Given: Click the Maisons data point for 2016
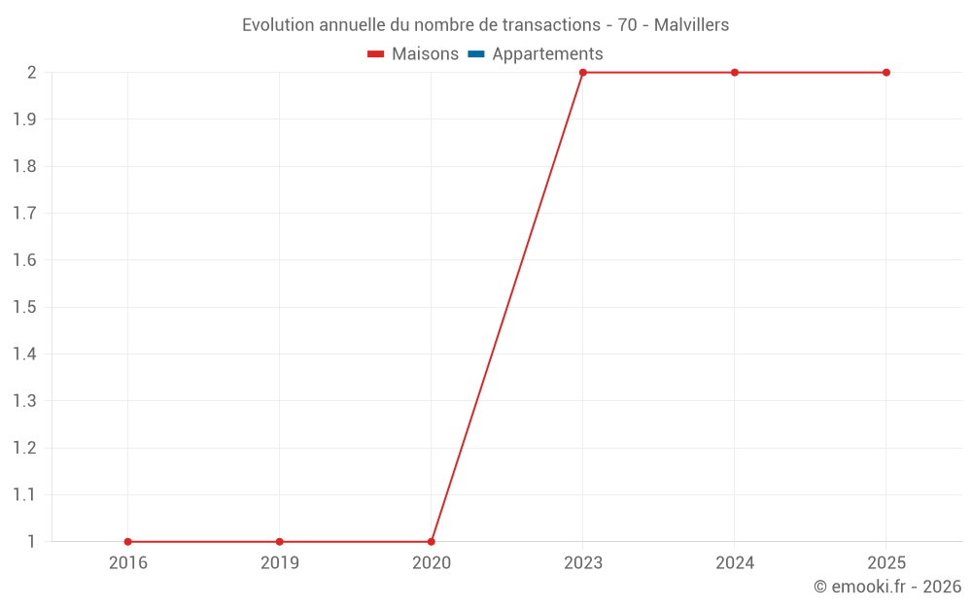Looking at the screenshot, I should point(128,542).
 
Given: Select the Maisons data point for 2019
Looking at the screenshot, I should point(280,542).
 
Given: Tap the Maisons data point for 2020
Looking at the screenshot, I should point(432,542).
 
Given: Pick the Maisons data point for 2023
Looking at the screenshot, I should point(583,73).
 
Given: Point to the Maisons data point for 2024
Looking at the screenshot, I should point(735,73).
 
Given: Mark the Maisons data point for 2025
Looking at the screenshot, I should point(886,73).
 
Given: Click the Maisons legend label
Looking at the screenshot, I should point(425,54).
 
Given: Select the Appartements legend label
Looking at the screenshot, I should point(547,54).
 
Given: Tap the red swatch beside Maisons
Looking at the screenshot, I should point(376,54).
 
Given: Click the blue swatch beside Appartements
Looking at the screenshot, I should point(476,54).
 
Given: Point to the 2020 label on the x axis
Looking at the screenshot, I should point(432,563).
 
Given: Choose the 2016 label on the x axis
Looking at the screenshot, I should point(128,563).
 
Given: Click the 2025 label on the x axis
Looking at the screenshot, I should point(886,563).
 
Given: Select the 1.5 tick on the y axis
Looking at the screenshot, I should point(24,308).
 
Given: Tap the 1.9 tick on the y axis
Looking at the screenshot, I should point(24,119).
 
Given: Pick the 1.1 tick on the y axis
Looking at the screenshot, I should point(24,495).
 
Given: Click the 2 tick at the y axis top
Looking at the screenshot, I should point(31,73).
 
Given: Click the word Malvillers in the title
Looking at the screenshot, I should point(691,25).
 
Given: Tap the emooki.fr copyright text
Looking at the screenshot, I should point(887,587).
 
